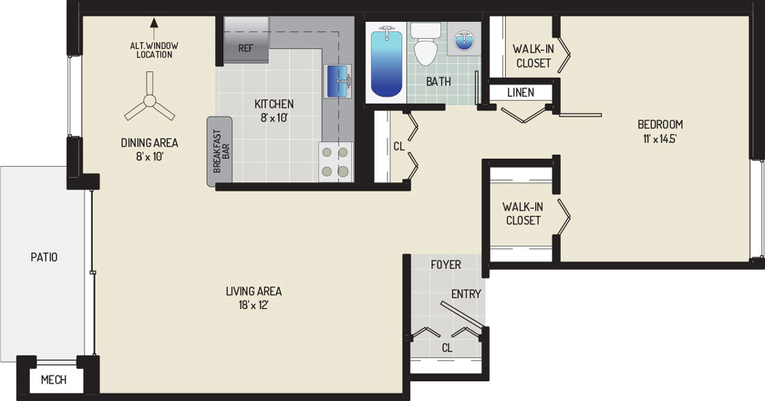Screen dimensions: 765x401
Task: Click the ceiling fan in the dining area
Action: (x=150, y=101)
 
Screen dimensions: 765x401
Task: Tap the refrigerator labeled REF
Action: (x=246, y=40)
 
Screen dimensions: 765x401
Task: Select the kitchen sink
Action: (x=338, y=82)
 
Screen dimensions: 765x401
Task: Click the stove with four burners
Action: (x=336, y=162)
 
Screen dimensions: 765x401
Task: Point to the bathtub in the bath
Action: (x=386, y=63)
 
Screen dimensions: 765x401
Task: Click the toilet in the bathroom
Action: (x=425, y=44)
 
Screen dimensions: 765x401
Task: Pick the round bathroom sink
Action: (x=464, y=40)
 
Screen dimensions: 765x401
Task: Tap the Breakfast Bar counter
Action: (x=220, y=152)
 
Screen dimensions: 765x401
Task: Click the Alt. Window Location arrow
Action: (x=154, y=28)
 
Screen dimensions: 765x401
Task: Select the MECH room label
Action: (x=54, y=380)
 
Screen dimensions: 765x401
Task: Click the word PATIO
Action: (x=44, y=257)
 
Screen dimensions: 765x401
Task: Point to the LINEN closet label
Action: (x=520, y=92)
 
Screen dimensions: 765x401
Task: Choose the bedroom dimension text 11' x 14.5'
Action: (x=660, y=139)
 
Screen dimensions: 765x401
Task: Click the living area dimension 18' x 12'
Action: (x=254, y=305)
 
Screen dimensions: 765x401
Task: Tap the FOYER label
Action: (x=446, y=265)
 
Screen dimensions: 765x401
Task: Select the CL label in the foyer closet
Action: (x=447, y=348)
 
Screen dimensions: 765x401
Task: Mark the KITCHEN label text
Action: (x=274, y=104)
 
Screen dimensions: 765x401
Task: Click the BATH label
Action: (x=439, y=82)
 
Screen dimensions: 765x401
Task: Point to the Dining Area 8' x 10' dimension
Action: (x=150, y=157)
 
